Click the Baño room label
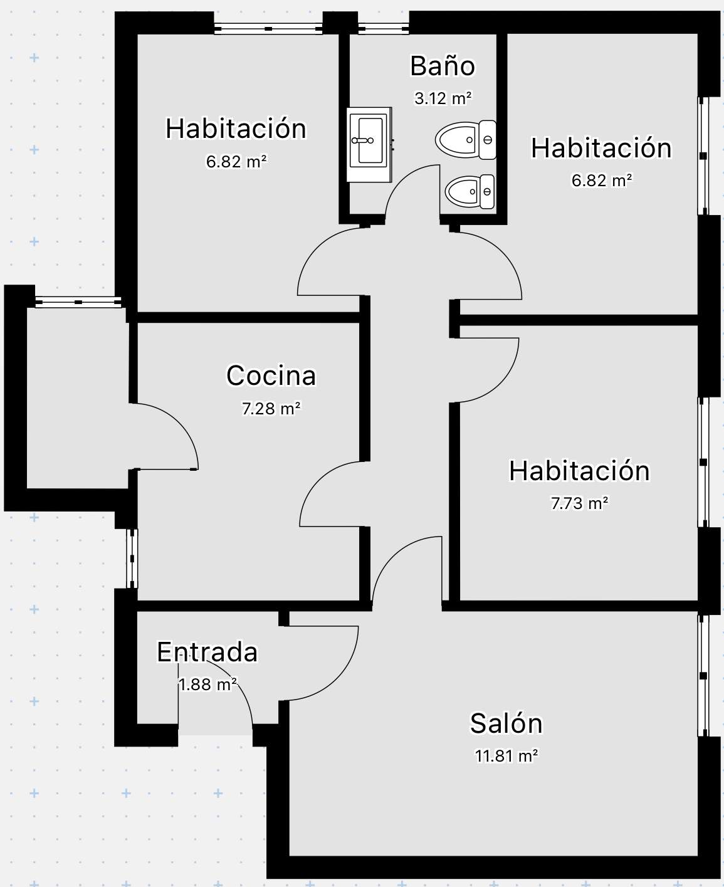click(443, 66)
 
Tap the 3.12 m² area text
click(443, 98)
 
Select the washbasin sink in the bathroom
click(369, 145)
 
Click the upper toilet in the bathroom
click(466, 140)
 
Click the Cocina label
click(271, 375)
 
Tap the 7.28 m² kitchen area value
click(271, 408)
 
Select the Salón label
click(506, 723)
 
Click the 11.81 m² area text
click(506, 756)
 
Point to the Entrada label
click(207, 652)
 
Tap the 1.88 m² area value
click(207, 685)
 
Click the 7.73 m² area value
click(579, 503)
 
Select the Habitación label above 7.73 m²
click(579, 470)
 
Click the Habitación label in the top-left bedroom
click(236, 129)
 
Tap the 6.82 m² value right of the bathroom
click(601, 181)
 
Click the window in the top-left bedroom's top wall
click(268, 29)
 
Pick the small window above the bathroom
click(383, 29)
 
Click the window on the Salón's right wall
click(703, 676)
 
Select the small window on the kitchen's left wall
click(132, 559)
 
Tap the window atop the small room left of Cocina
click(78, 302)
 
